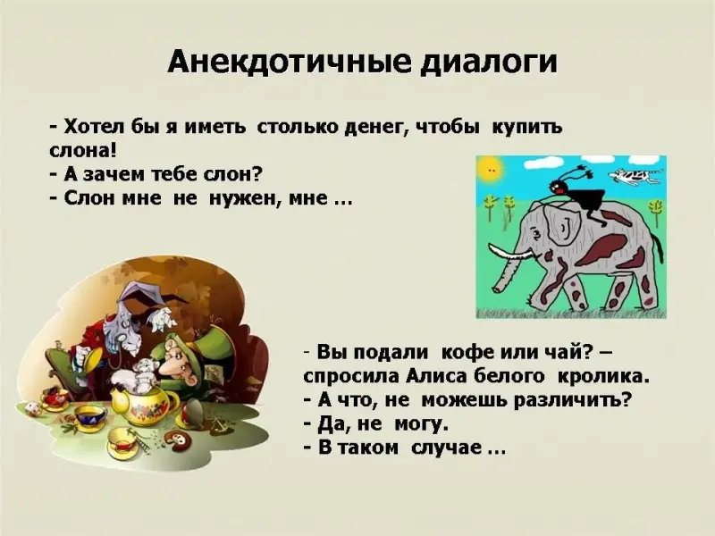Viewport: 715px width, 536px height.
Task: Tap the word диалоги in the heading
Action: tap(488, 63)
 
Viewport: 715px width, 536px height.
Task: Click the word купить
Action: tap(527, 127)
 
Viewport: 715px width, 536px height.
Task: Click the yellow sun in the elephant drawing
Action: tap(490, 170)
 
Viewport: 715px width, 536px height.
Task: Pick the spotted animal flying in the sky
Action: tap(635, 175)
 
